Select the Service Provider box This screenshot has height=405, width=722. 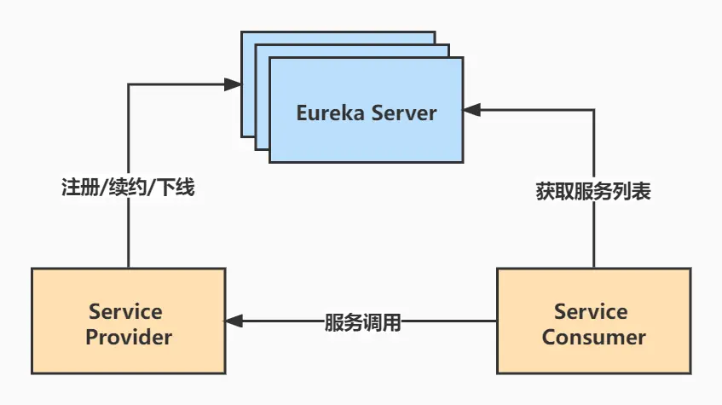point(129,321)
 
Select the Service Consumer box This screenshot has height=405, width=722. point(593,321)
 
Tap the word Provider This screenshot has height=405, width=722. point(129,337)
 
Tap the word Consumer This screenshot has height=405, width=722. point(593,337)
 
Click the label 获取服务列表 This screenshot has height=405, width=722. point(593,192)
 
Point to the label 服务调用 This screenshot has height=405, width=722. point(362,322)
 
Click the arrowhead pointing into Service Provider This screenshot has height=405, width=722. point(234,321)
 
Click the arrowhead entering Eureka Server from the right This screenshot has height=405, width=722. point(471,109)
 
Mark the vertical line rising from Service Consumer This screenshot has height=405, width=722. point(593,239)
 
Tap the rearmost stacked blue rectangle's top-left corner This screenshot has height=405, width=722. point(243,33)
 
